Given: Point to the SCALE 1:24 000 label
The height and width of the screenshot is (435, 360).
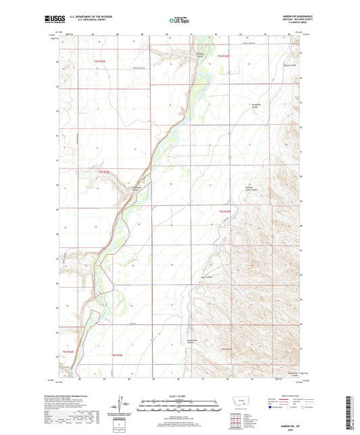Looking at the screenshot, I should [x=179, y=394].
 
